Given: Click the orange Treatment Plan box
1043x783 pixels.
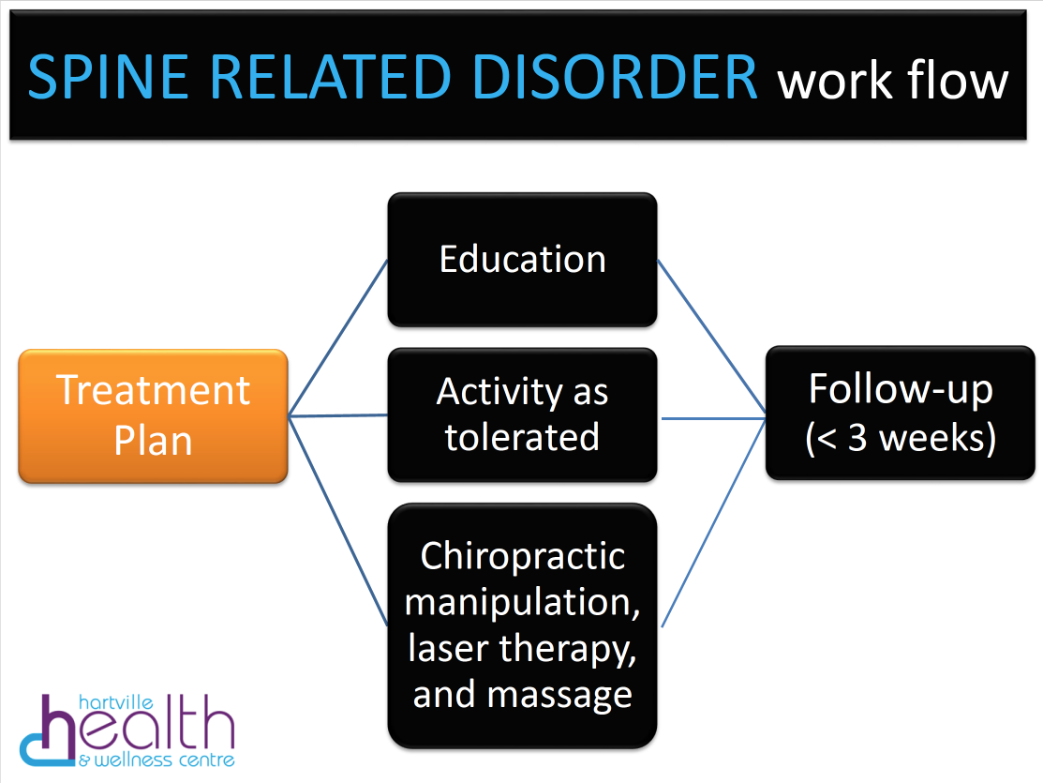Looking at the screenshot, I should (x=153, y=415).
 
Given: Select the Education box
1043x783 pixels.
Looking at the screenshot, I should (x=522, y=260).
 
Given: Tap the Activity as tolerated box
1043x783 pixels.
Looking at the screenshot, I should (x=522, y=414).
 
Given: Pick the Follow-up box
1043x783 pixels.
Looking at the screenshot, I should (x=900, y=413).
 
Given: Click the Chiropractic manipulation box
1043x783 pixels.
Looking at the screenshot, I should (x=522, y=625).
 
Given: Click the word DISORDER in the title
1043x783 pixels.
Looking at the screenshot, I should (x=617, y=78).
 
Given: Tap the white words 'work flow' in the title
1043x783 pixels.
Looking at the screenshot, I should (x=892, y=81).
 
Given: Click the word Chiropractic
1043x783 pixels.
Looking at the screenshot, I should (x=522, y=556).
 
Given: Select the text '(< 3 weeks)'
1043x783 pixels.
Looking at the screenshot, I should (x=900, y=437).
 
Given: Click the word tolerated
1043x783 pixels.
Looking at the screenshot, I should (x=522, y=437).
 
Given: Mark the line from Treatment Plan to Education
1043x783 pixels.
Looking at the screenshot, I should (x=337, y=338).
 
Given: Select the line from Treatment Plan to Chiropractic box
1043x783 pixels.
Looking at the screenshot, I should (x=337, y=520).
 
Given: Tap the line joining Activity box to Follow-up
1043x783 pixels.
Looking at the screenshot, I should (x=712, y=419).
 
